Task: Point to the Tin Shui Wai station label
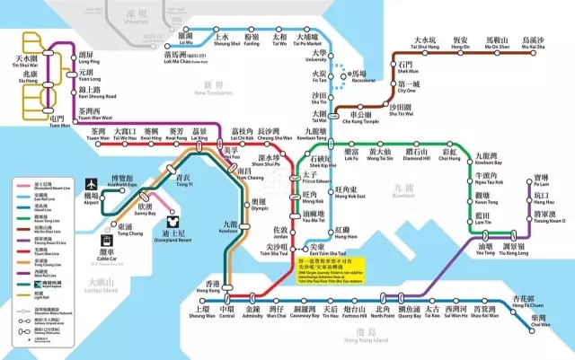(26, 60)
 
